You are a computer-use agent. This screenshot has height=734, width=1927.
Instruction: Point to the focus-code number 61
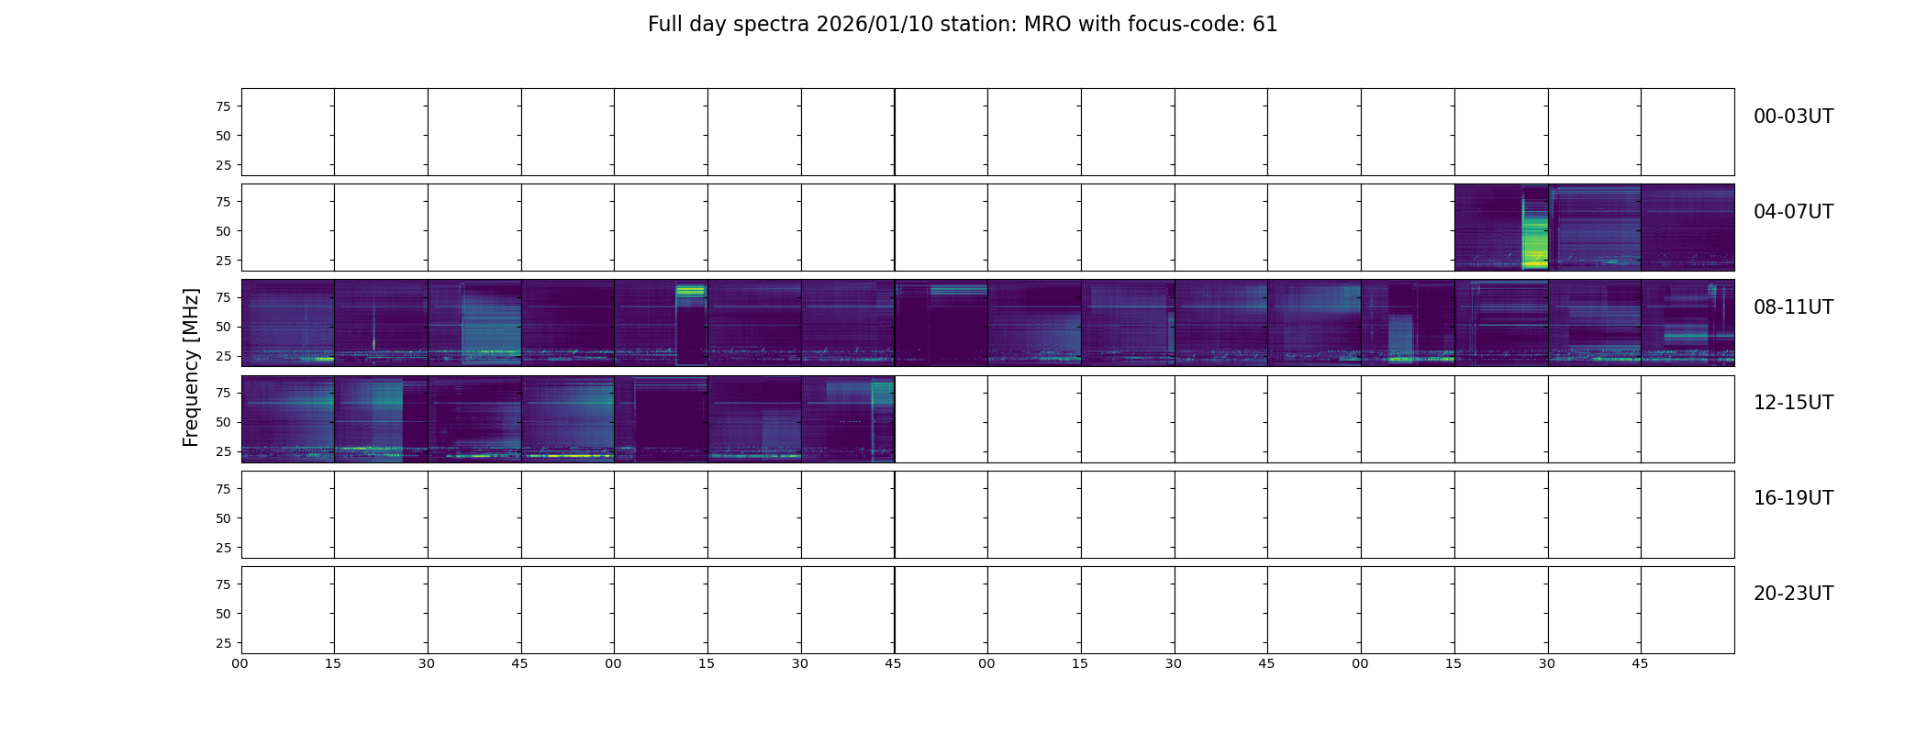(1265, 25)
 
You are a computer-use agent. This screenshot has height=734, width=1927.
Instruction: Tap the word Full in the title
(663, 25)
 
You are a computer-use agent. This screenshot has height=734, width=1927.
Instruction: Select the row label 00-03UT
(1793, 117)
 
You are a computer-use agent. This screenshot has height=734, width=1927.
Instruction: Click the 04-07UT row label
(1793, 212)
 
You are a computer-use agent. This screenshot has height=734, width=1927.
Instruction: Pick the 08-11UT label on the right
(1793, 307)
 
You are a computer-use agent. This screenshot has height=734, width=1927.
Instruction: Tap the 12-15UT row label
(1793, 403)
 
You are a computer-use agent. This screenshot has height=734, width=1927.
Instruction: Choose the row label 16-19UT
(1793, 498)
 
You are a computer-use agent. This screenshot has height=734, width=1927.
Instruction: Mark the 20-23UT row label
(1793, 594)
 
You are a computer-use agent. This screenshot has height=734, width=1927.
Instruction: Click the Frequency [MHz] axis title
(191, 367)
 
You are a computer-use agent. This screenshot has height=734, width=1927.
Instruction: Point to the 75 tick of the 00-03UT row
(223, 106)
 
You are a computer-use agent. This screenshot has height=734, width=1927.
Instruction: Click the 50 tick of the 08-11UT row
(223, 327)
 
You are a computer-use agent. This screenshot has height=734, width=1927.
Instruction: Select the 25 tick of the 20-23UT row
(223, 643)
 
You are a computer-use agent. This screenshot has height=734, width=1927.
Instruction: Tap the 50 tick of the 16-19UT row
(223, 518)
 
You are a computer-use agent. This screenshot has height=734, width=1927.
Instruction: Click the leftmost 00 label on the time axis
(240, 663)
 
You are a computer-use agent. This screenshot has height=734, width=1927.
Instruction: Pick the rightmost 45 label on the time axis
(1640, 663)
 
